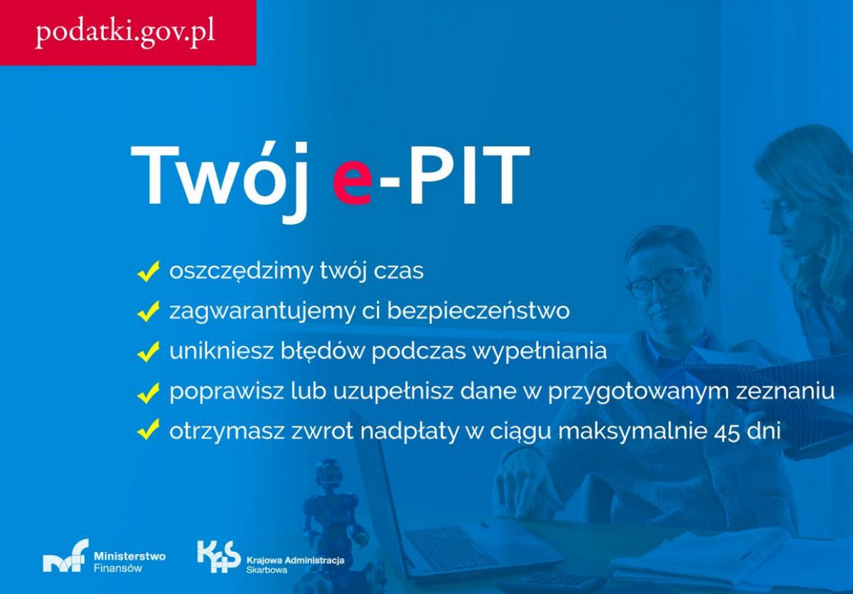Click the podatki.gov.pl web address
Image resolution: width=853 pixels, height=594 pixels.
tap(125, 33)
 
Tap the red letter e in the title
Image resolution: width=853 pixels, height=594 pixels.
tap(353, 186)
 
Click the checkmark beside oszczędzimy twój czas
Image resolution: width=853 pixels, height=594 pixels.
tap(148, 271)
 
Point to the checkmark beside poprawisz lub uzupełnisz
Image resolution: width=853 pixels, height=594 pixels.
tap(148, 393)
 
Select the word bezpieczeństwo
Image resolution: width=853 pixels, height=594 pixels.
tap(478, 311)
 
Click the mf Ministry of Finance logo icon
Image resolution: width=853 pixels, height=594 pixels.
tap(65, 555)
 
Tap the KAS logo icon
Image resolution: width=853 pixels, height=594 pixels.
tap(219, 557)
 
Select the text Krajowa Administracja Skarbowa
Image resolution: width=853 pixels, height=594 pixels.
tap(296, 565)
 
